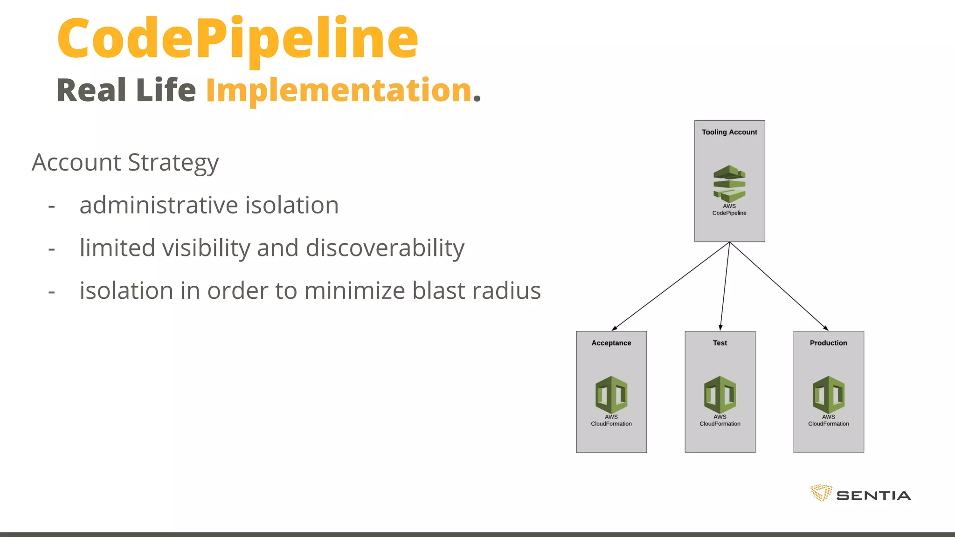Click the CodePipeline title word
point(237,39)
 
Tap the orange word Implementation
point(339,90)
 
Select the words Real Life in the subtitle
point(126,90)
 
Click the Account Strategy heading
point(125,163)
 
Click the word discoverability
point(385,248)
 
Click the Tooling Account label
point(729,132)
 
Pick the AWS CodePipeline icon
point(729,184)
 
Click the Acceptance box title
point(611,343)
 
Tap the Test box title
point(720,343)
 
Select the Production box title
point(829,343)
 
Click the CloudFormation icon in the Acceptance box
point(611,394)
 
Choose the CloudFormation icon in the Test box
point(720,394)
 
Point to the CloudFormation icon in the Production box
point(829,394)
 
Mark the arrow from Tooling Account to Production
point(779,286)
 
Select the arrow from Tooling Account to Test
point(725,286)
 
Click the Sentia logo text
point(873,496)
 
